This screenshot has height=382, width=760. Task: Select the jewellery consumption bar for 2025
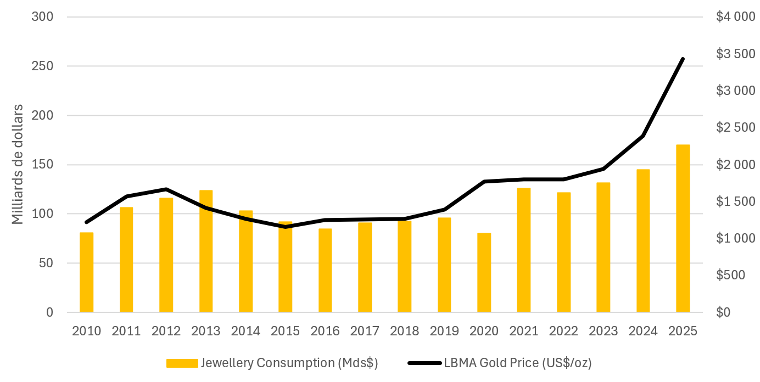683,228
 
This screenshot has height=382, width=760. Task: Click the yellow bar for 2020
484,273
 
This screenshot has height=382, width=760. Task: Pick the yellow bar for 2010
86,272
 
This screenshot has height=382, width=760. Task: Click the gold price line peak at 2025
683,59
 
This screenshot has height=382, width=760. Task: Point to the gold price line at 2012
166,189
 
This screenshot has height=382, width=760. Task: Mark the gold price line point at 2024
642,136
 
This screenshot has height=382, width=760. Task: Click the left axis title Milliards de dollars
18,164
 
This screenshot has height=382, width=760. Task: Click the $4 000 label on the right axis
736,17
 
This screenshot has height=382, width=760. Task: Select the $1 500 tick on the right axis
736,201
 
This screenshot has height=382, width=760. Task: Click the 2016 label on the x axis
325,331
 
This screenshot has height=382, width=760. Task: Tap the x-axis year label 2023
603,331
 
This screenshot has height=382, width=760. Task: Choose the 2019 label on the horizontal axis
444,331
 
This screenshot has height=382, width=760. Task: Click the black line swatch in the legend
424,363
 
